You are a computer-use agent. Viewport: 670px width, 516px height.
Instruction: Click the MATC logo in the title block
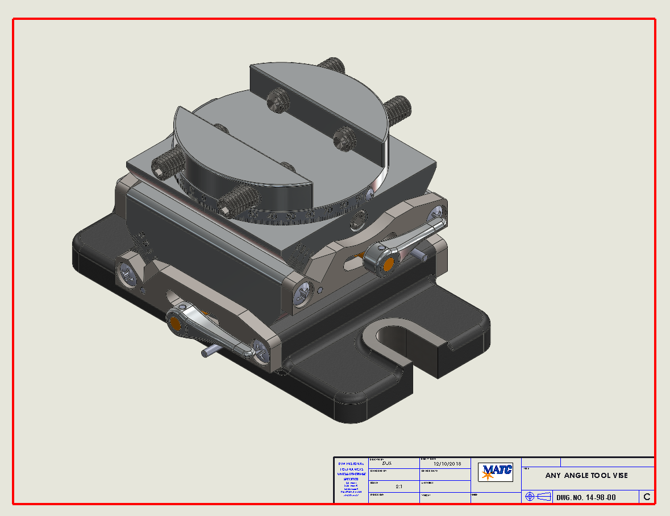click(x=496, y=471)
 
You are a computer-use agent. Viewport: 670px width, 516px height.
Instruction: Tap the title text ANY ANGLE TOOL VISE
click(x=586, y=475)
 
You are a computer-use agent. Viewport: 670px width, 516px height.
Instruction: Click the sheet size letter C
click(x=647, y=497)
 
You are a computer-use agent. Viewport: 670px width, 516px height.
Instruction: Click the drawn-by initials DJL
click(x=388, y=463)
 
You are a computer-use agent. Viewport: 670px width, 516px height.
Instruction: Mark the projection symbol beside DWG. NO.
click(x=538, y=497)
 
